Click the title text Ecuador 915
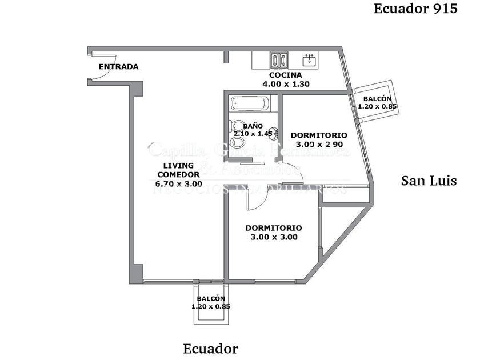(x=415, y=9)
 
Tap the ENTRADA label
(x=118, y=67)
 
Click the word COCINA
(x=286, y=75)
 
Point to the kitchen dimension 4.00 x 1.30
(x=286, y=84)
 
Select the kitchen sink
(x=310, y=59)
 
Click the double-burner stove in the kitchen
(x=279, y=59)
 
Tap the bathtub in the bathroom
(x=249, y=104)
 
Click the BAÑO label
(x=253, y=126)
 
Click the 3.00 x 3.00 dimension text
(x=274, y=237)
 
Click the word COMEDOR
(x=179, y=175)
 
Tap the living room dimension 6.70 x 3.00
(x=179, y=184)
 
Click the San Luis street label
(x=429, y=181)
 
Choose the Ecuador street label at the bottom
(x=210, y=348)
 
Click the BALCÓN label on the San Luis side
(x=377, y=98)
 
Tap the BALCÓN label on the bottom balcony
(x=211, y=299)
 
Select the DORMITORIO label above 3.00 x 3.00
(x=274, y=228)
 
